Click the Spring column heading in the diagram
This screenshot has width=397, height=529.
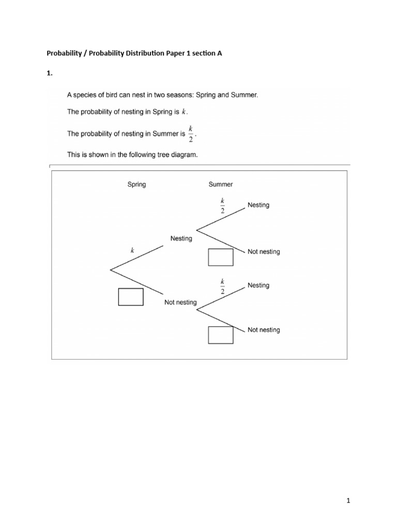click(136, 184)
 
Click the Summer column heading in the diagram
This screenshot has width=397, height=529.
click(221, 184)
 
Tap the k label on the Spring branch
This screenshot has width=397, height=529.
click(132, 250)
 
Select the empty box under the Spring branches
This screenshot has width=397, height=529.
click(131, 297)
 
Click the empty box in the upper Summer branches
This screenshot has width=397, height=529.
click(221, 257)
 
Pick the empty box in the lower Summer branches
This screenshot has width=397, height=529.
click(221, 335)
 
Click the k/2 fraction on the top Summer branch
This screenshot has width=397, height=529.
click(223, 205)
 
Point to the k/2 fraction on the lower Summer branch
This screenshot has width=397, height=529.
click(223, 285)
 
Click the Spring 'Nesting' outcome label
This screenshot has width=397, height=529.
click(181, 239)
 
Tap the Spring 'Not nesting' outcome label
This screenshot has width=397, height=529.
click(180, 302)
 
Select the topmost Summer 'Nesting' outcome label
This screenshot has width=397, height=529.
click(258, 205)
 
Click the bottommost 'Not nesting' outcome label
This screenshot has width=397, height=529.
click(264, 330)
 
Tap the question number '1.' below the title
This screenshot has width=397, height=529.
click(50, 73)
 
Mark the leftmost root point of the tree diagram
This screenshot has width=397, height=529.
click(111, 269)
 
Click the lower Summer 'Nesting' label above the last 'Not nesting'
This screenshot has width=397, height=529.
click(258, 285)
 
